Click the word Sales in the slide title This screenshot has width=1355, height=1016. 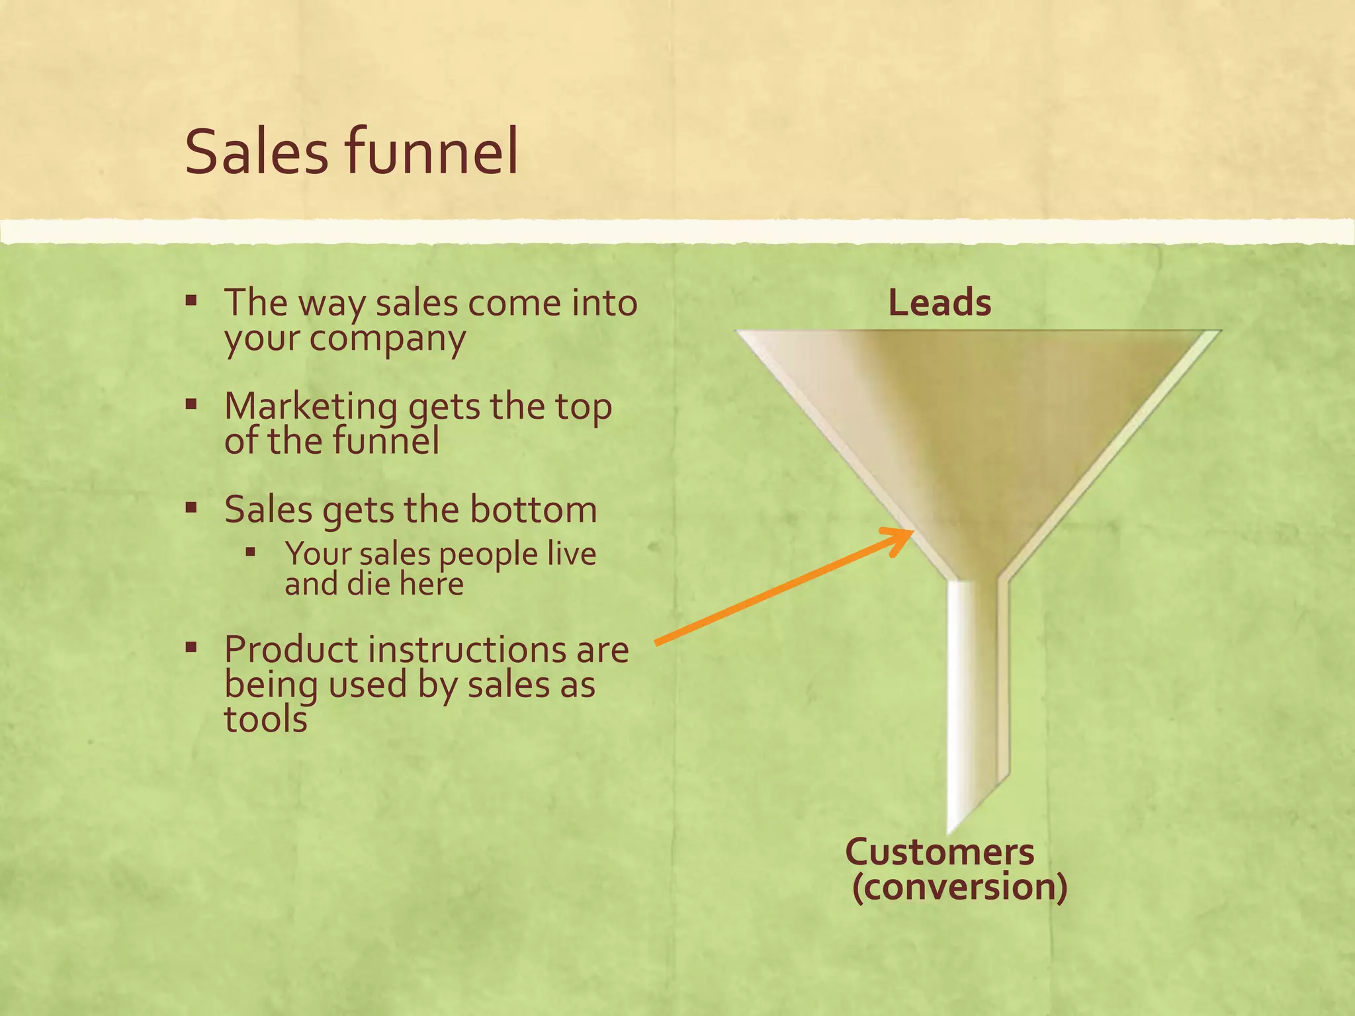[x=257, y=152]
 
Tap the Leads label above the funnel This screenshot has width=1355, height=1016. [x=940, y=303]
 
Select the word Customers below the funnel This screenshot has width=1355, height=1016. [x=940, y=852]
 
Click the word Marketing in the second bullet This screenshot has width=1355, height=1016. [x=310, y=406]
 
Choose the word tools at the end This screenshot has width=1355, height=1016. [x=266, y=719]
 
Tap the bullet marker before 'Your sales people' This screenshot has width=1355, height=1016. [x=250, y=551]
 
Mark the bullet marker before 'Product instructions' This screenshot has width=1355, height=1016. [x=191, y=648]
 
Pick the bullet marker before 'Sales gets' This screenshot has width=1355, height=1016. [x=191, y=509]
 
